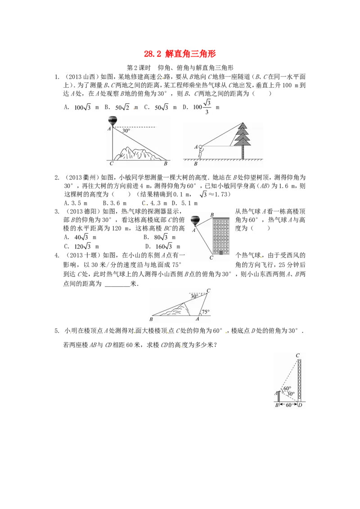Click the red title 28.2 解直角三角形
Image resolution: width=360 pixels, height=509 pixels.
tap(180, 54)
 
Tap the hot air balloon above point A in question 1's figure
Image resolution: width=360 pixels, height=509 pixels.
tap(112, 121)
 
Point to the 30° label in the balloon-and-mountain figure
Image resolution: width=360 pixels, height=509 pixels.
tap(126, 131)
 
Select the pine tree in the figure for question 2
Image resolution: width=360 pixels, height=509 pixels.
tap(243, 140)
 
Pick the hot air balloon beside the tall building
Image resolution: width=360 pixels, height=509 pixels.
tap(195, 221)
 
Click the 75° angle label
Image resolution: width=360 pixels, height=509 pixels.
tap(206, 312)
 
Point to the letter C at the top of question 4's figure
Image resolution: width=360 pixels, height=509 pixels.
tap(208, 290)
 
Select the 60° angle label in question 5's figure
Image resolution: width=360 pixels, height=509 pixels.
tap(287, 388)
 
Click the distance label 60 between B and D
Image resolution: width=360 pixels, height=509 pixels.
tap(288, 405)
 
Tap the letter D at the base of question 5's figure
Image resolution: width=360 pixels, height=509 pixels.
tap(300, 405)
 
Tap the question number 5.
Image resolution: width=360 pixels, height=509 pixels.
tap(57, 331)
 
